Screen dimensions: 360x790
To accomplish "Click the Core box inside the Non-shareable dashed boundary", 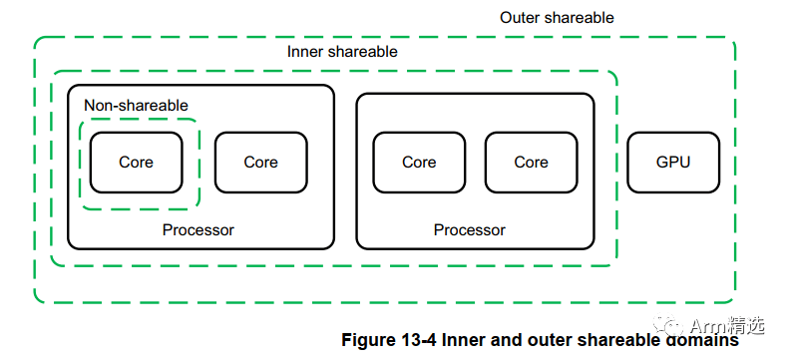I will click(136, 162).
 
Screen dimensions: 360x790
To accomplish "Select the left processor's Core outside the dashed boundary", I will click(260, 162).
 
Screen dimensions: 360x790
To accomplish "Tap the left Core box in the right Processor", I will click(419, 162).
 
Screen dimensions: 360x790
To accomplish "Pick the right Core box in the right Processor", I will click(531, 162).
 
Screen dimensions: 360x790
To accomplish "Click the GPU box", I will click(673, 162).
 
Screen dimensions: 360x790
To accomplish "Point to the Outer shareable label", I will click(557, 18).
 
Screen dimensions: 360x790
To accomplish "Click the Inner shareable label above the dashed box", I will click(342, 52).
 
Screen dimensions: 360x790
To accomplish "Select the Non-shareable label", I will click(136, 105).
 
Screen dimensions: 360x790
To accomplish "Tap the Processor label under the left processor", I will click(198, 229).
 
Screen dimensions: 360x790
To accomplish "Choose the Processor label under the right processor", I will click(470, 229).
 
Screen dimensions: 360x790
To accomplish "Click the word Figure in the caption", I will click(368, 340).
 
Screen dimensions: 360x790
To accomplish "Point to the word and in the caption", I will click(509, 340).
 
